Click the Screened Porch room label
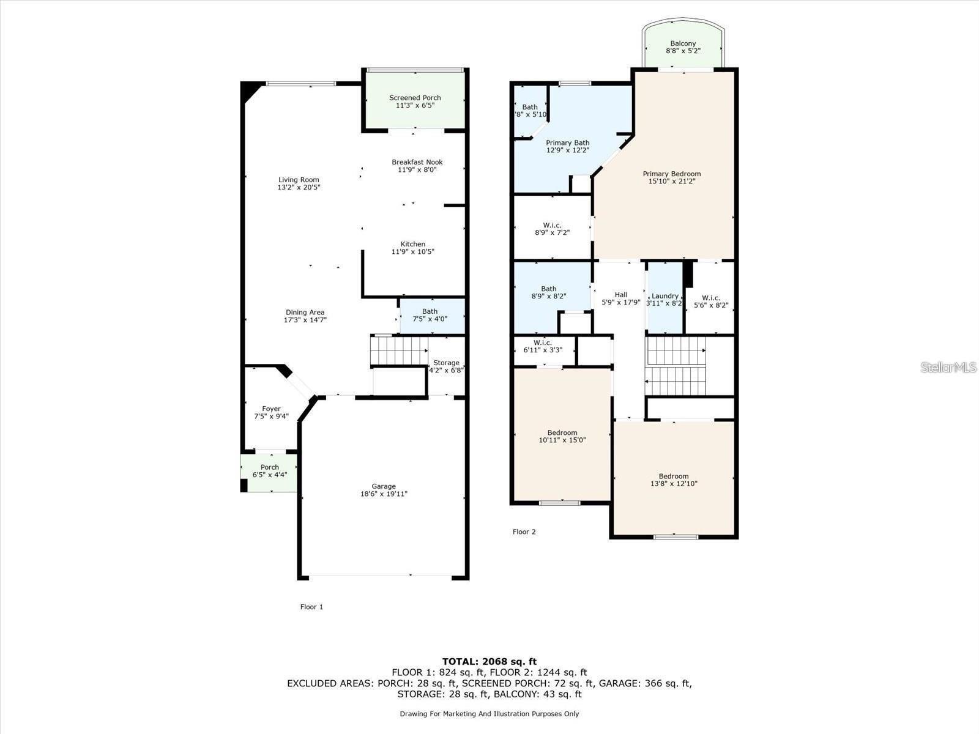(415, 98)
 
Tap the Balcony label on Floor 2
(683, 43)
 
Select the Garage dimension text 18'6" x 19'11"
(384, 494)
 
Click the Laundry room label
(664, 296)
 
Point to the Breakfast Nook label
(417, 162)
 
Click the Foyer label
(271, 409)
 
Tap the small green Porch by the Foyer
(269, 471)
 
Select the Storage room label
(446, 363)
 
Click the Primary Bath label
(567, 143)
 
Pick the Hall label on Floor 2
(620, 295)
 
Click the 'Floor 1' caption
(311, 607)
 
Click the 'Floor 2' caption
(524, 532)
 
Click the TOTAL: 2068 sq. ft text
(489, 661)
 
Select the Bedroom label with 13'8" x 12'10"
(673, 476)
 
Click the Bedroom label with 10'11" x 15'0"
(562, 433)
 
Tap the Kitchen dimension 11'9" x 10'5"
(413, 251)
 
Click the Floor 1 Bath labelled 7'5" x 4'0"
(430, 312)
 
